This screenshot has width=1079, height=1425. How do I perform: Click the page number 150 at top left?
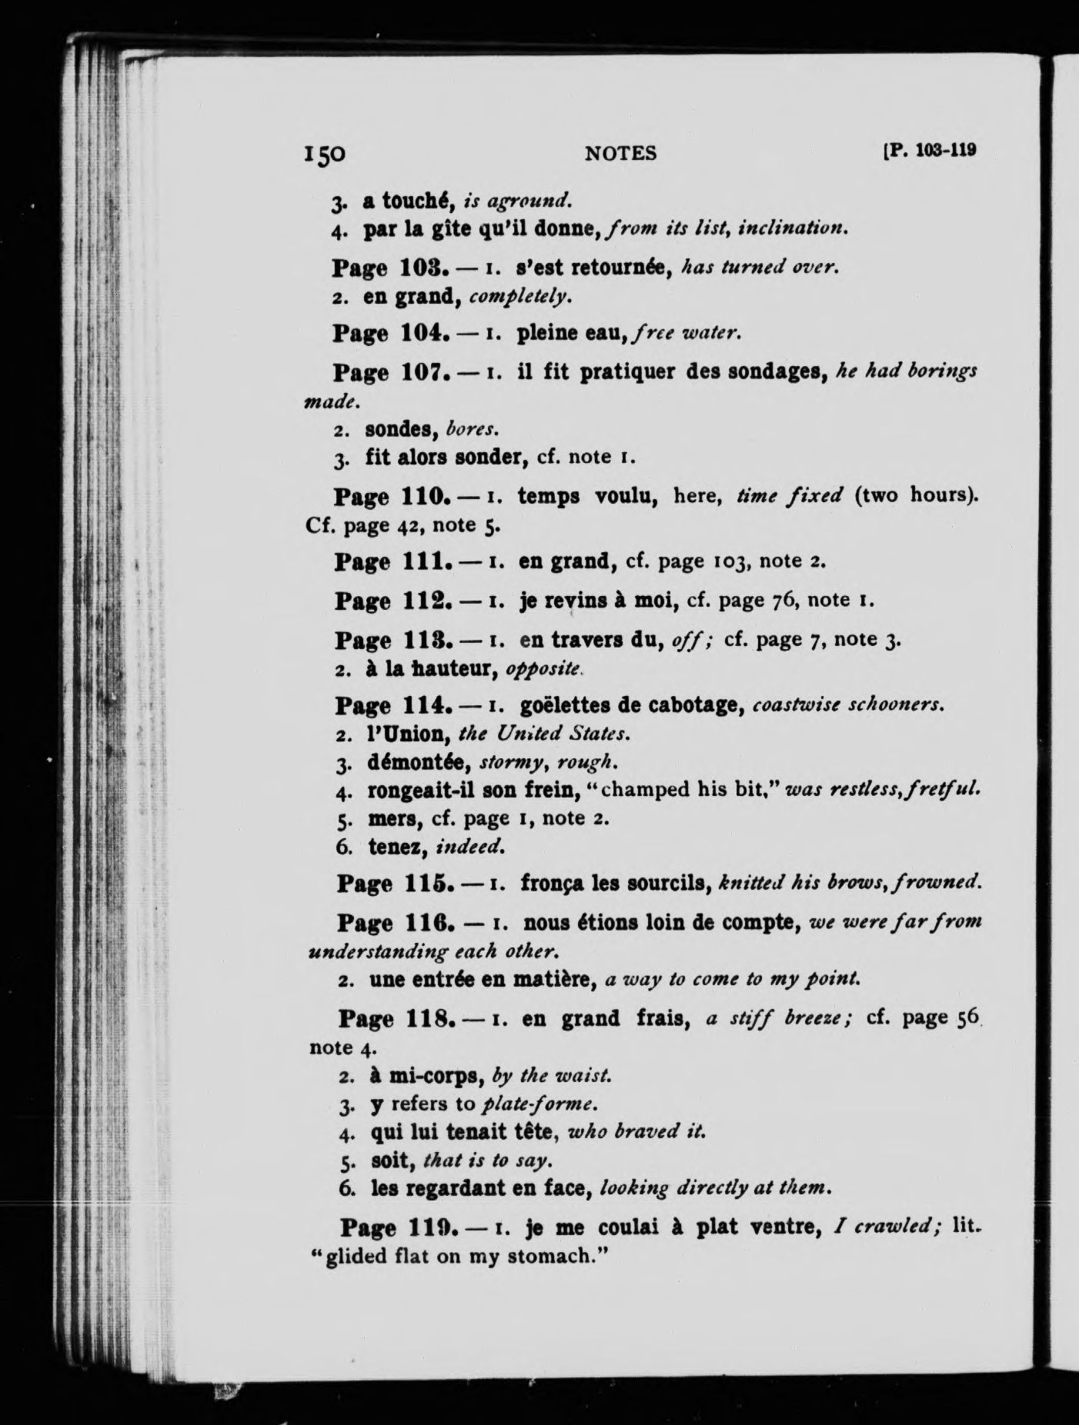pyautogui.click(x=325, y=154)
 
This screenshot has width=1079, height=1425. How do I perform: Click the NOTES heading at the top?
pyautogui.click(x=620, y=154)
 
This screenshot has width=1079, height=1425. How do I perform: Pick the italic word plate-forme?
pyautogui.click(x=539, y=1104)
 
